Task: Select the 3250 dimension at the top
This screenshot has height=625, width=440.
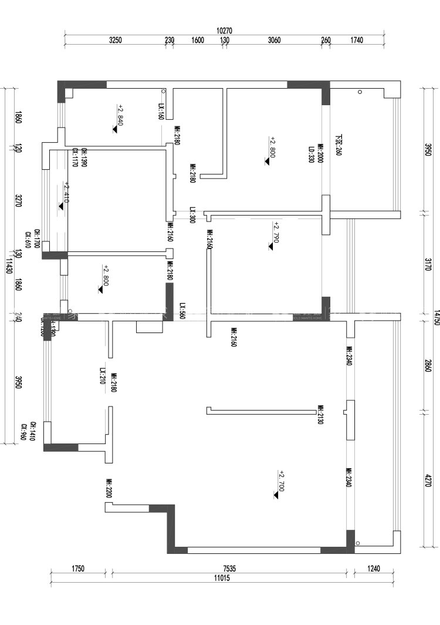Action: click(115, 41)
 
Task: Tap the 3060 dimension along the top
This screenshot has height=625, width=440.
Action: click(274, 41)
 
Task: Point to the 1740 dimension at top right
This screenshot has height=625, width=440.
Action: click(356, 41)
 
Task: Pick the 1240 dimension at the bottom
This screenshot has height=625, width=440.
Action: click(374, 569)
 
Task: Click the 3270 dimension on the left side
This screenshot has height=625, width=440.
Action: click(18, 201)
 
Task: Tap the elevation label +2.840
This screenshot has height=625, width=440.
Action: click(120, 116)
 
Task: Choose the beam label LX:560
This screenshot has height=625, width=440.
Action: click(182, 310)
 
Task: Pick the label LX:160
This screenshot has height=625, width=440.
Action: click(161, 112)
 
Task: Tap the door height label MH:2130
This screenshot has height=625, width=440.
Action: click(320, 414)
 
